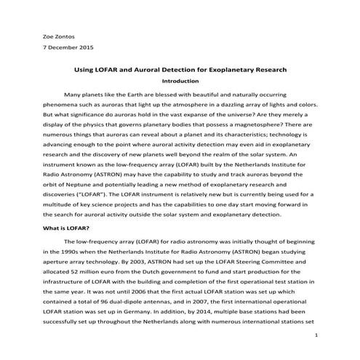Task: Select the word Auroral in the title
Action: pos(169,70)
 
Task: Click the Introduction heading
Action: pos(180,81)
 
